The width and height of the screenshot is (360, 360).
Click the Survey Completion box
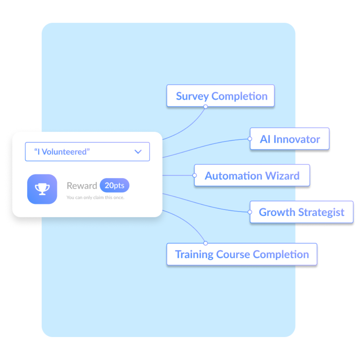tap(220, 96)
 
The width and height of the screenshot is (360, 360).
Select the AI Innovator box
tap(290, 139)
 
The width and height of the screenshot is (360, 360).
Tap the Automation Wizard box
tap(252, 176)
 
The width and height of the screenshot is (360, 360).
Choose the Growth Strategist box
tap(301, 212)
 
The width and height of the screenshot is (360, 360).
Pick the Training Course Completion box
tap(242, 254)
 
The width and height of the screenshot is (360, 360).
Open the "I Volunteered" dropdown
tap(87, 152)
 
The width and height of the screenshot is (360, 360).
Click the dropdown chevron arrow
tap(138, 152)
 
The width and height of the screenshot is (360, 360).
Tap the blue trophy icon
tap(42, 189)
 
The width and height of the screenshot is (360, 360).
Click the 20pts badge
tap(114, 186)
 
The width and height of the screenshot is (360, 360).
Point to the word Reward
tap(82, 186)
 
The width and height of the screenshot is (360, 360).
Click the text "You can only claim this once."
tap(95, 198)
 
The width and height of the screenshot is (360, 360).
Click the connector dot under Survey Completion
tap(206, 107)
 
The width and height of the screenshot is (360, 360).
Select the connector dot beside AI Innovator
tap(250, 139)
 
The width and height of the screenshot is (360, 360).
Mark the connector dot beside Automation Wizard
tap(195, 175)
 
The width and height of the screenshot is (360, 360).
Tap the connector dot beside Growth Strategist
tap(250, 212)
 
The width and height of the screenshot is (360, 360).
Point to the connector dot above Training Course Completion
tap(206, 243)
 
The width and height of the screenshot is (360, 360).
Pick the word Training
tap(194, 254)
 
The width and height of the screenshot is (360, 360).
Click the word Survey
tap(192, 96)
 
